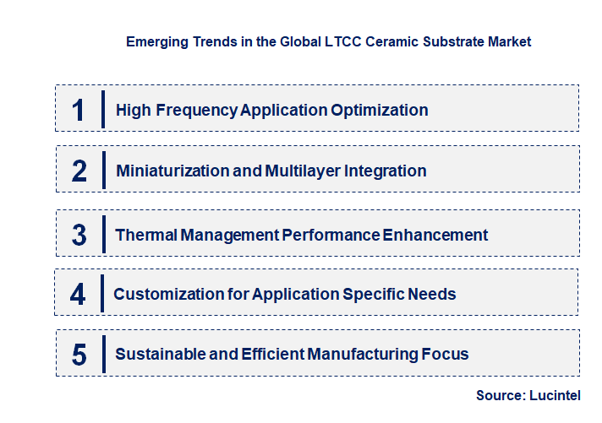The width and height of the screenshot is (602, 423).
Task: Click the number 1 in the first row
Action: [79, 110]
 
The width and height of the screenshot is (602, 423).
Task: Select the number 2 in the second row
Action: [79, 171]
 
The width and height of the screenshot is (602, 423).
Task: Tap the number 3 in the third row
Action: [79, 235]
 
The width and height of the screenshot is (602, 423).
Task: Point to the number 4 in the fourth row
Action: [78, 294]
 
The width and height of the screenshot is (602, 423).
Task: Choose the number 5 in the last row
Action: [79, 355]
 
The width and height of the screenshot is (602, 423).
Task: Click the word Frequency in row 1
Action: [196, 110]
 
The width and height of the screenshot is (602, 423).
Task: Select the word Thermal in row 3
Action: [145, 235]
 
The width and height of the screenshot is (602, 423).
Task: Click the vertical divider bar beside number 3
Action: [102, 233]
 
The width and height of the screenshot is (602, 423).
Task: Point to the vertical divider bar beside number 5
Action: [102, 353]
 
